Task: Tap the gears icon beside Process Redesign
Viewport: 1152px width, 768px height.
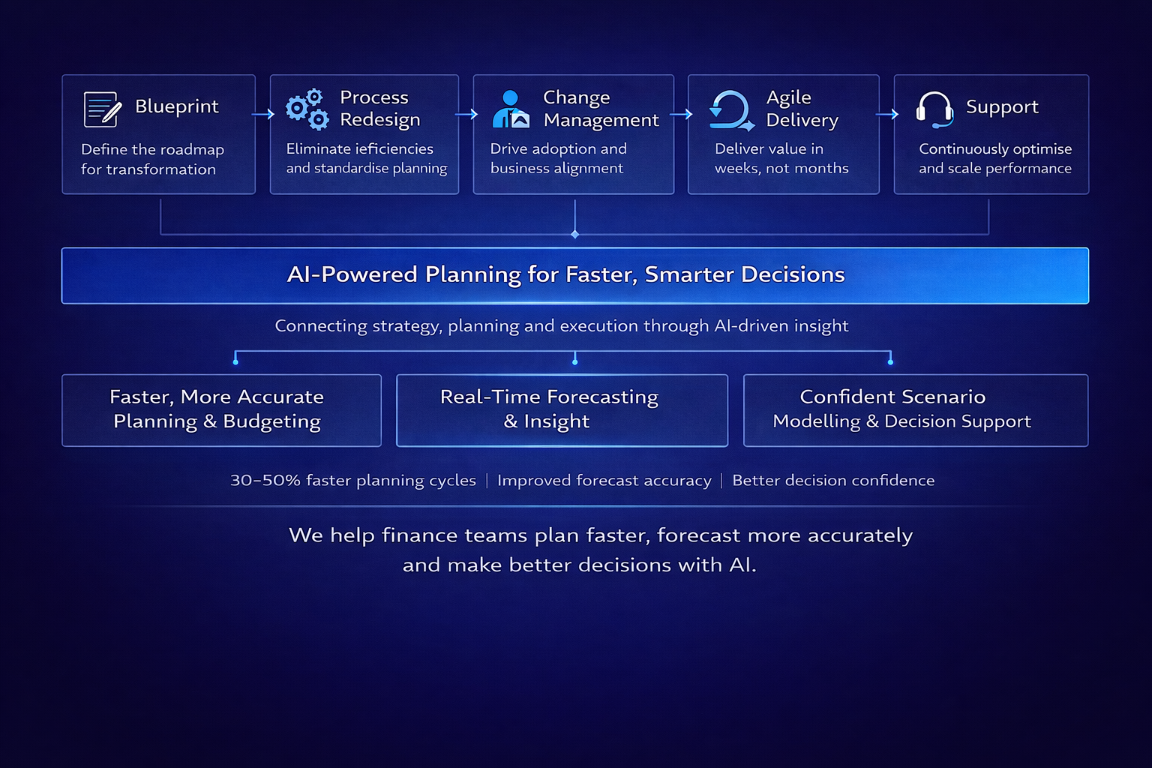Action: tap(307, 109)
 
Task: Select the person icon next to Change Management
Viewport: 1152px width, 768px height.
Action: tap(511, 109)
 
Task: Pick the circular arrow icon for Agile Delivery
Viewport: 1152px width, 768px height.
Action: tap(730, 111)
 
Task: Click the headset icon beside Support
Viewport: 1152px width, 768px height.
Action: tap(934, 109)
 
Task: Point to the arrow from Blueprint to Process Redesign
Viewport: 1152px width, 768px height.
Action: tap(263, 114)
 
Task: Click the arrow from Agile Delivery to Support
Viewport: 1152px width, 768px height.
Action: tap(887, 114)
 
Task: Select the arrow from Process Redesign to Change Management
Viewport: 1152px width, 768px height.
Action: tap(466, 114)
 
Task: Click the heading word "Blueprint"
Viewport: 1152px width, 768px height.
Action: tap(177, 106)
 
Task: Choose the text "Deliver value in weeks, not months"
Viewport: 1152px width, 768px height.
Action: tap(781, 158)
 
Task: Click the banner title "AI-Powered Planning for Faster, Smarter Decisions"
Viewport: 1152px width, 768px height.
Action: tap(566, 274)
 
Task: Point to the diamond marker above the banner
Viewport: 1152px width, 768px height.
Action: tap(575, 235)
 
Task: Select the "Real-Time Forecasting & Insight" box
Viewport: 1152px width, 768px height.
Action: tap(562, 409)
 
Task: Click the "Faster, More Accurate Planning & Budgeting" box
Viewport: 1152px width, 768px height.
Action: tap(221, 409)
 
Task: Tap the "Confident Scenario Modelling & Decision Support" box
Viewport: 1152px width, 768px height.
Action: tap(915, 409)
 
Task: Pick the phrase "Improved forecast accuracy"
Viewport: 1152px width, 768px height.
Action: tap(604, 480)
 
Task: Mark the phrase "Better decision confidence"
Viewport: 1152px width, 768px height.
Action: tap(833, 480)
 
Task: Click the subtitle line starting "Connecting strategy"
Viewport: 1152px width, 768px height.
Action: tap(561, 325)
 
